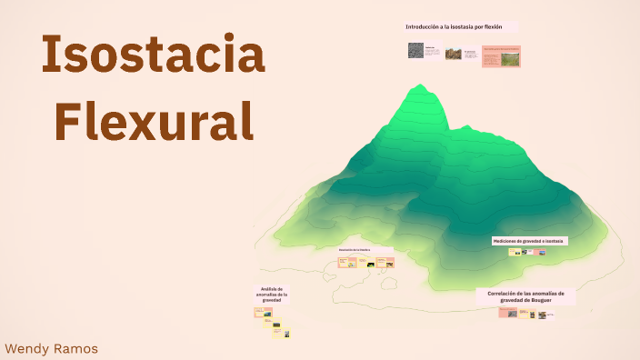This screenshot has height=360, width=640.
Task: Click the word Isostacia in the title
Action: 153,56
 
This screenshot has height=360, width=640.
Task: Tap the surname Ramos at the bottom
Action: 76,348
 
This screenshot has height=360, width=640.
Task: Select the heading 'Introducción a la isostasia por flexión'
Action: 454,27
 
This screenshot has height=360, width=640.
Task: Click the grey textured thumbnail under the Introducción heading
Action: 415,52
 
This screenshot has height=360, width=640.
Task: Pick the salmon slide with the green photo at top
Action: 502,56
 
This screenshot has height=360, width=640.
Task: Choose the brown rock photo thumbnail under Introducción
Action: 453,55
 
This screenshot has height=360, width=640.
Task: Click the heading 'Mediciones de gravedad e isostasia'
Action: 529,241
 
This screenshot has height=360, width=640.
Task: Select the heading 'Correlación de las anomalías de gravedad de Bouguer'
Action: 525,296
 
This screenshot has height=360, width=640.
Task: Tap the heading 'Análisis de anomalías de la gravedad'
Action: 273,295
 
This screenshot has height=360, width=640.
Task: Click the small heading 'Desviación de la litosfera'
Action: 355,249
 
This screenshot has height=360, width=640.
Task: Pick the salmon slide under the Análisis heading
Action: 264,313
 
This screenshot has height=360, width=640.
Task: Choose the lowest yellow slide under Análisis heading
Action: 282,334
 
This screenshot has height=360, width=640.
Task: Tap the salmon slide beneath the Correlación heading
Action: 506,313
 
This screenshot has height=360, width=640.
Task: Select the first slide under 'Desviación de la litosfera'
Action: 345,263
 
